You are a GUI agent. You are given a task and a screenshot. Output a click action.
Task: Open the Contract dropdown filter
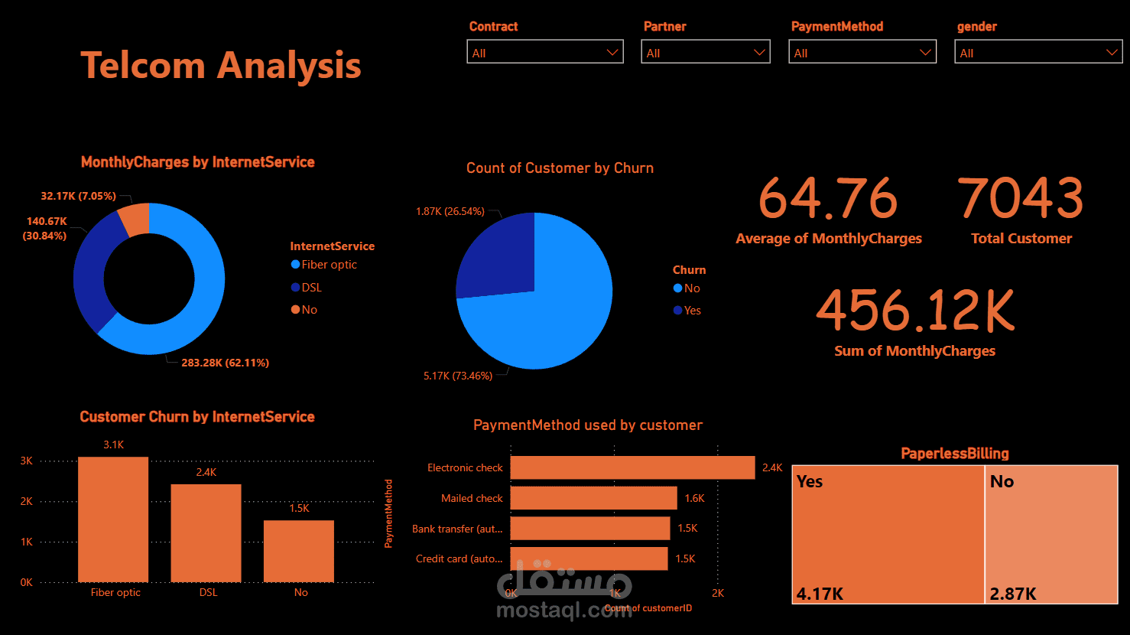pos(544,52)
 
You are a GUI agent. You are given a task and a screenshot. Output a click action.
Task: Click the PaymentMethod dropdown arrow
pos(925,52)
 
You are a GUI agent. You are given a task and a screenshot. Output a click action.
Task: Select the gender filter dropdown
pos(1037,52)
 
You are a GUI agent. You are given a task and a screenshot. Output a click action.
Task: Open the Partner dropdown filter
pos(705,52)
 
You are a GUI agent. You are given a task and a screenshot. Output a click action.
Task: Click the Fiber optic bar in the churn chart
pos(113,519)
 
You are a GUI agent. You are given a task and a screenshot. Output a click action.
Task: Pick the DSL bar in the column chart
pos(206,533)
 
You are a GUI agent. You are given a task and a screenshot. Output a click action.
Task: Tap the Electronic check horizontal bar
pos(632,467)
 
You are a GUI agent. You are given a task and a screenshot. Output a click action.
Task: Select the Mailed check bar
pos(593,498)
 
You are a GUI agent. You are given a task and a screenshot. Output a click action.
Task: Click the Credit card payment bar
pos(589,558)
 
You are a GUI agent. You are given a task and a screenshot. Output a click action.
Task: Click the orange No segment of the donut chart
pos(135,220)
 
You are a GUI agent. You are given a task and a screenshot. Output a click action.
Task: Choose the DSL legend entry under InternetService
pos(311,288)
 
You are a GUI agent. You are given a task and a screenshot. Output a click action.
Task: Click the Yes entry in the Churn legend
pos(692,311)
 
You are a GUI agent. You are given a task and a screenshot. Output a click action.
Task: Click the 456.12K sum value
pos(915,311)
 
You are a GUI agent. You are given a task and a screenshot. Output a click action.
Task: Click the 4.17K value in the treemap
pos(820,594)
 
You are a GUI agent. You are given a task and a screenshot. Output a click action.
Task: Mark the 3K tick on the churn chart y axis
pos(27,461)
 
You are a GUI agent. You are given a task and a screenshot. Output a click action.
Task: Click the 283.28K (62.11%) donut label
pos(225,363)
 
